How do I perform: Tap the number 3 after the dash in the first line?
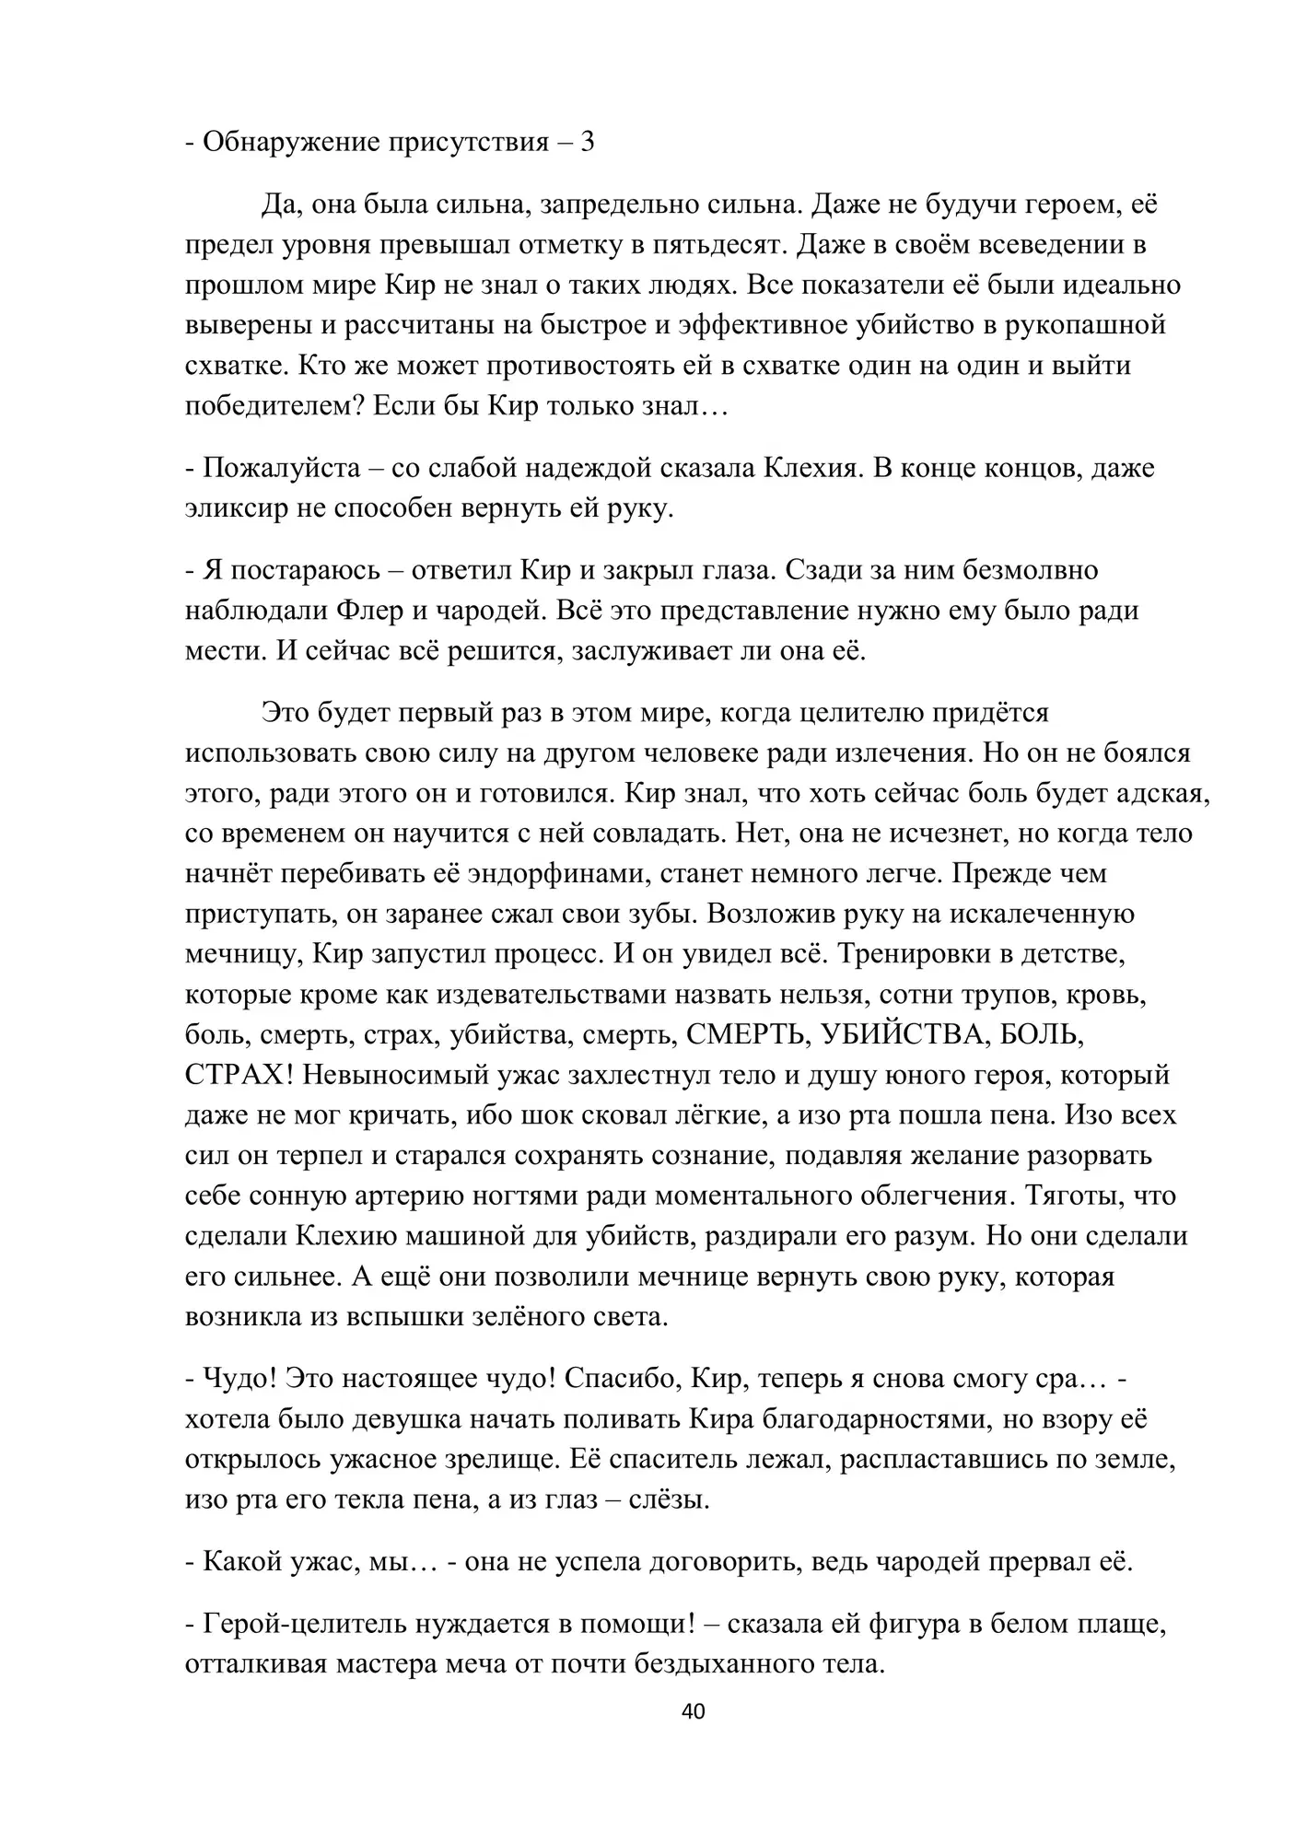587,142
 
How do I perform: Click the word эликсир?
237,507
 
